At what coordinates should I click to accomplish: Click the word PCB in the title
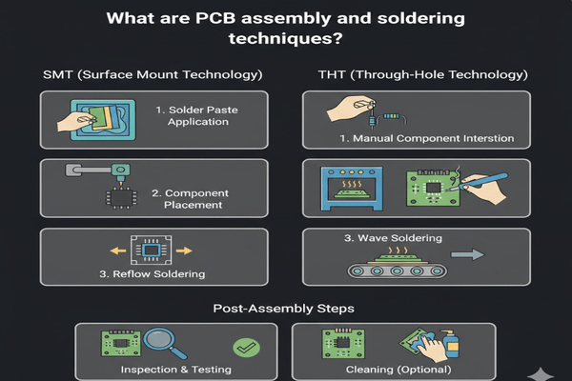pyautogui.click(x=215, y=18)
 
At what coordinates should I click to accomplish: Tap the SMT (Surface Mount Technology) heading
pyautogui.click(x=153, y=74)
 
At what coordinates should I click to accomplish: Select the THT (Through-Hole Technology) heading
pyautogui.click(x=422, y=74)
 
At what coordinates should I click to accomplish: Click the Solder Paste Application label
pyautogui.click(x=197, y=115)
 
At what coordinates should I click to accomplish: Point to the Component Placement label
pyautogui.click(x=191, y=199)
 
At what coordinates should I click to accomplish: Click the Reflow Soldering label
pyautogui.click(x=153, y=273)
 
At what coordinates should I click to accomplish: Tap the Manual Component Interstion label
pyautogui.click(x=427, y=138)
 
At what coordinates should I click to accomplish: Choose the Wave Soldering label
pyautogui.click(x=393, y=238)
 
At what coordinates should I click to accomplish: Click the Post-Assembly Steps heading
pyautogui.click(x=283, y=309)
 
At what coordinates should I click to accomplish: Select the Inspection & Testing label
pyautogui.click(x=175, y=370)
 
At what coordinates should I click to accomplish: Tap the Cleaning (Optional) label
pyautogui.click(x=398, y=370)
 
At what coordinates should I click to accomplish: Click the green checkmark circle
pyautogui.click(x=246, y=348)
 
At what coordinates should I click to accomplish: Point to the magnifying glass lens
pyautogui.click(x=158, y=339)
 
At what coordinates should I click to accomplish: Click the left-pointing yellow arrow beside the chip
pyautogui.click(x=118, y=251)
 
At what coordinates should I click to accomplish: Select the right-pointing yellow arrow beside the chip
pyautogui.click(x=184, y=251)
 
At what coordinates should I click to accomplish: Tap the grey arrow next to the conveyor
pyautogui.click(x=468, y=254)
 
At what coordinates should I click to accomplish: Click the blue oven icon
pyautogui.click(x=352, y=189)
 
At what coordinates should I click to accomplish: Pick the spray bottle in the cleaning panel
pyautogui.click(x=450, y=344)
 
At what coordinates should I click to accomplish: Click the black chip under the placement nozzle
pyautogui.click(x=121, y=198)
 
